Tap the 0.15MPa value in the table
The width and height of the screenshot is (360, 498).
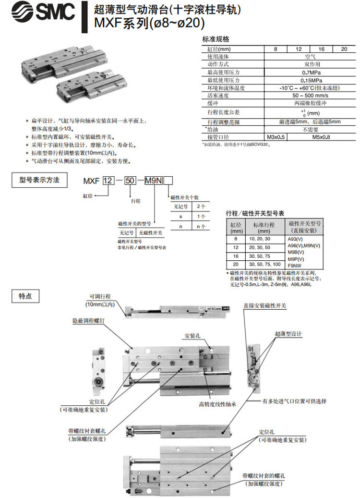(308, 80)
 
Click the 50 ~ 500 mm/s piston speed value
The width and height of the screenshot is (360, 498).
(308, 96)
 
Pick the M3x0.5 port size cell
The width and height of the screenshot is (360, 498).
(276, 137)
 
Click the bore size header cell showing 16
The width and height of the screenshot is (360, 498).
(321, 49)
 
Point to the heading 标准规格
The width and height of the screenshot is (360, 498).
(216, 39)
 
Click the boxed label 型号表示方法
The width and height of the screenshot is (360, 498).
(39, 180)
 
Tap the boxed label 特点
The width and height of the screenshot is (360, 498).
(25, 296)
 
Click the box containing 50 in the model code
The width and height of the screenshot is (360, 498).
(130, 181)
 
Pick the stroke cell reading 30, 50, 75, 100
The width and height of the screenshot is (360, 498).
(265, 264)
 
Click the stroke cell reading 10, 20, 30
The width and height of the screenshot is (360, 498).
(259, 238)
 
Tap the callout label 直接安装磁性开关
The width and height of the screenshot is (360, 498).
(264, 305)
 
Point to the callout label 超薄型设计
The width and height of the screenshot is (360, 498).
(288, 333)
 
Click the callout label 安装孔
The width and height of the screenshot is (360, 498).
(192, 335)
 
